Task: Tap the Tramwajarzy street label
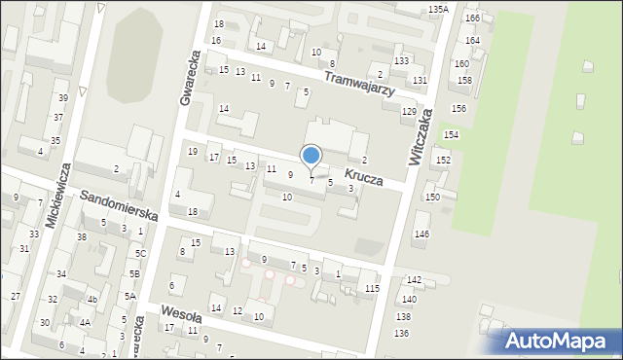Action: pos(358,84)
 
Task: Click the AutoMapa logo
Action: pos(560,342)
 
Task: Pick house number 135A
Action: pos(438,9)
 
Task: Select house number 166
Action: pos(472,18)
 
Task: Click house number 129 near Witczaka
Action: pos(410,112)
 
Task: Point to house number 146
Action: pos(421,234)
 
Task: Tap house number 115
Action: pos(372,289)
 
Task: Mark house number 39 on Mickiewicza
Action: pos(62,98)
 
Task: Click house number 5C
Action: pos(140,254)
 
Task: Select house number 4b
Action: pos(92,300)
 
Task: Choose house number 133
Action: pos(401,61)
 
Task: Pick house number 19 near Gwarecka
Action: pos(193,152)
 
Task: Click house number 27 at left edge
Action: pos(16,296)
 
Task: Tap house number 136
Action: pos(401,334)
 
